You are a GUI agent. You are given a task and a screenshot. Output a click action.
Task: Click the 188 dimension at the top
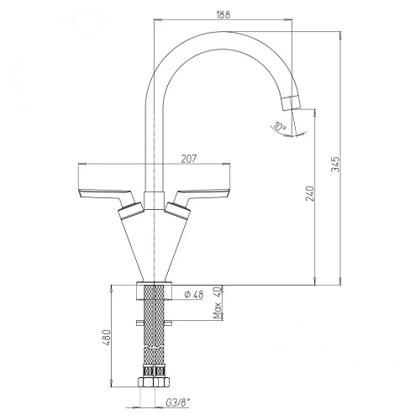click(222, 13)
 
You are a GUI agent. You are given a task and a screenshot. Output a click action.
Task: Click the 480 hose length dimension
click(106, 341)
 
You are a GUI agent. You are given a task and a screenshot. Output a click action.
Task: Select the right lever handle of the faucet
click(206, 193)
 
